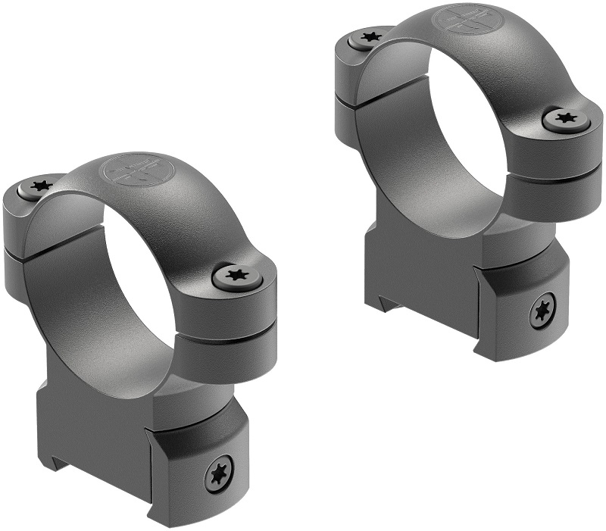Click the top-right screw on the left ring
237,276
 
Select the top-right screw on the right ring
565,117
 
